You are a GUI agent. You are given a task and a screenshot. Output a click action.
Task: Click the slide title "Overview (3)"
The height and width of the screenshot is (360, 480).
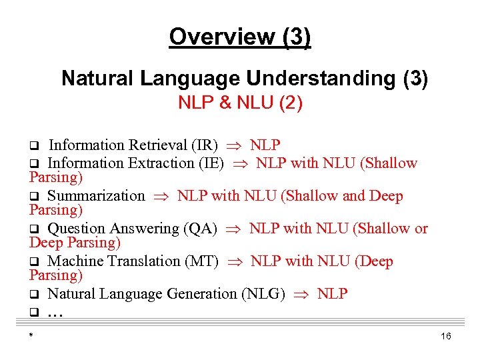click(240, 37)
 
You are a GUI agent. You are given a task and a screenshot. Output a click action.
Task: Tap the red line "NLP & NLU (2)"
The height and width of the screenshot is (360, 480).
click(240, 103)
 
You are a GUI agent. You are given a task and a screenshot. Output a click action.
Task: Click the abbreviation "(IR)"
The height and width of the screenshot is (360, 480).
click(205, 145)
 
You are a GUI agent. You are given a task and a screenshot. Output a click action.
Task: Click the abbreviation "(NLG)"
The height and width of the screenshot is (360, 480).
click(265, 294)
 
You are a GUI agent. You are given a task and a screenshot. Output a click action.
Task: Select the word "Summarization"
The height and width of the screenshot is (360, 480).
click(96, 196)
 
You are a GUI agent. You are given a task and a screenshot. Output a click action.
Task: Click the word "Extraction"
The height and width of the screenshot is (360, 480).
click(160, 163)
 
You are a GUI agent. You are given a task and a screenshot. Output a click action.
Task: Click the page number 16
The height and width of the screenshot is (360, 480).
click(446, 337)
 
